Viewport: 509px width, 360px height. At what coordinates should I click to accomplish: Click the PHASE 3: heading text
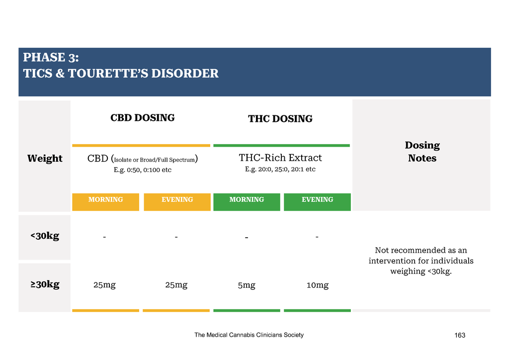point(51,58)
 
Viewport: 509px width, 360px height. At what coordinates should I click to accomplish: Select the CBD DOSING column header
point(143,117)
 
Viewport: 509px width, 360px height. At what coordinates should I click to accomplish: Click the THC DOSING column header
point(280,118)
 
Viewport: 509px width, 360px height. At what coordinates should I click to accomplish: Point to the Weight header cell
point(45,158)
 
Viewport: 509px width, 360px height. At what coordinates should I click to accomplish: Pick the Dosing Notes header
point(422,152)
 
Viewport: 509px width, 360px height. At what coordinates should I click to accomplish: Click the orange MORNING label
point(105,199)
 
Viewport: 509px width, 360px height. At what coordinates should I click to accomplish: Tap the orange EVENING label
point(177,199)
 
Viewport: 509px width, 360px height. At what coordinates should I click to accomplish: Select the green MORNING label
point(247,199)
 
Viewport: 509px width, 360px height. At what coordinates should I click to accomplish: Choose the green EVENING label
point(318,199)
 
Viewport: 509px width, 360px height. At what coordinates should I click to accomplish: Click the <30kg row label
point(45,236)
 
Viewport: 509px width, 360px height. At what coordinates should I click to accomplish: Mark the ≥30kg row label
point(45,284)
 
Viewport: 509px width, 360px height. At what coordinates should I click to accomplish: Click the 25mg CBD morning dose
point(104,285)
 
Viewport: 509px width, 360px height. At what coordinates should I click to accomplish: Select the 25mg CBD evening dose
point(176,285)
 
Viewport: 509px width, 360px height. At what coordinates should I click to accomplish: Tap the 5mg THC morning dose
point(247,285)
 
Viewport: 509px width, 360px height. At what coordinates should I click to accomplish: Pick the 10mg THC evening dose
point(318,285)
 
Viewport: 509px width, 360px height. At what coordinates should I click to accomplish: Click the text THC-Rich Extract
point(280,158)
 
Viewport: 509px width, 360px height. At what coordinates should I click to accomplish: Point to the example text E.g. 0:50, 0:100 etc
point(143,170)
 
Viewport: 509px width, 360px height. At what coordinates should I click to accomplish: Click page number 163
point(460,335)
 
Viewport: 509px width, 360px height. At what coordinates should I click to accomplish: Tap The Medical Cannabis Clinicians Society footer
point(249,335)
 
